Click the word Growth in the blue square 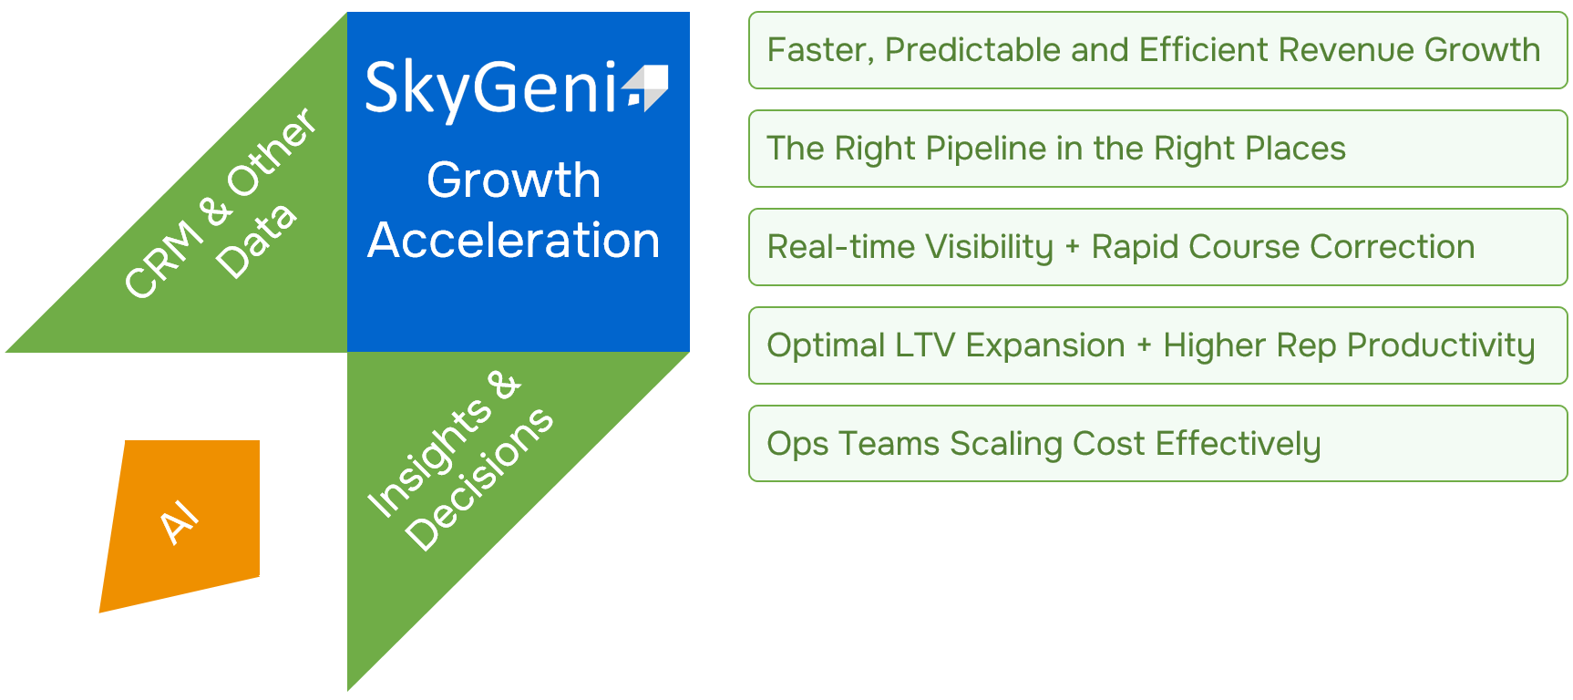tap(514, 180)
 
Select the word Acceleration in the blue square tap(514, 241)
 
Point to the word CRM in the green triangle tap(164, 260)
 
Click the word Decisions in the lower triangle tap(479, 479)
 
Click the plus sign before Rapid tap(1072, 248)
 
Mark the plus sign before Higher tap(1144, 346)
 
